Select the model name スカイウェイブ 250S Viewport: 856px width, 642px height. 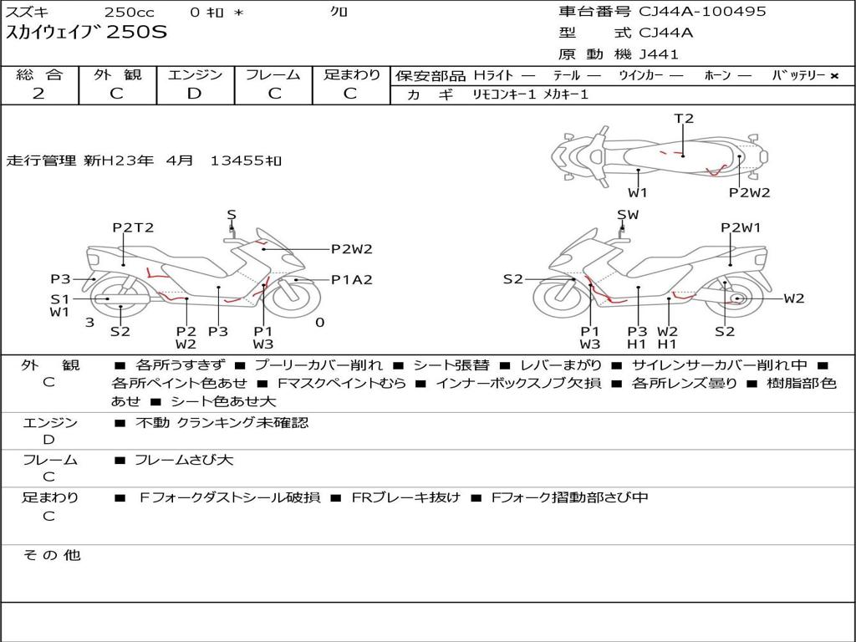(x=87, y=33)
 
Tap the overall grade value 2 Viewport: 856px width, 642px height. (x=38, y=94)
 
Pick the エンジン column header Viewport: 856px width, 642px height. (x=195, y=75)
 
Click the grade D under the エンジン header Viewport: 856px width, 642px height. (x=195, y=94)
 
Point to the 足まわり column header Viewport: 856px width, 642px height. (x=352, y=75)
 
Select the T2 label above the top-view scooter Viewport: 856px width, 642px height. (x=684, y=119)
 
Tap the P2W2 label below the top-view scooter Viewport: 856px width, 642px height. (x=749, y=192)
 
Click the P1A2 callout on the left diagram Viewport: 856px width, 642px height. (x=351, y=280)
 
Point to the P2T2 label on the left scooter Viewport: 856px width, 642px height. (x=133, y=227)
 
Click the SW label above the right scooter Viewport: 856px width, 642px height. (x=628, y=215)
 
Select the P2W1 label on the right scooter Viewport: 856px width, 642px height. (x=741, y=227)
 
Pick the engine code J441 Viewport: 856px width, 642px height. (x=659, y=54)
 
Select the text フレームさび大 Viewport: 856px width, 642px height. (x=184, y=460)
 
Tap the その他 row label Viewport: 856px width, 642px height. (x=51, y=555)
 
